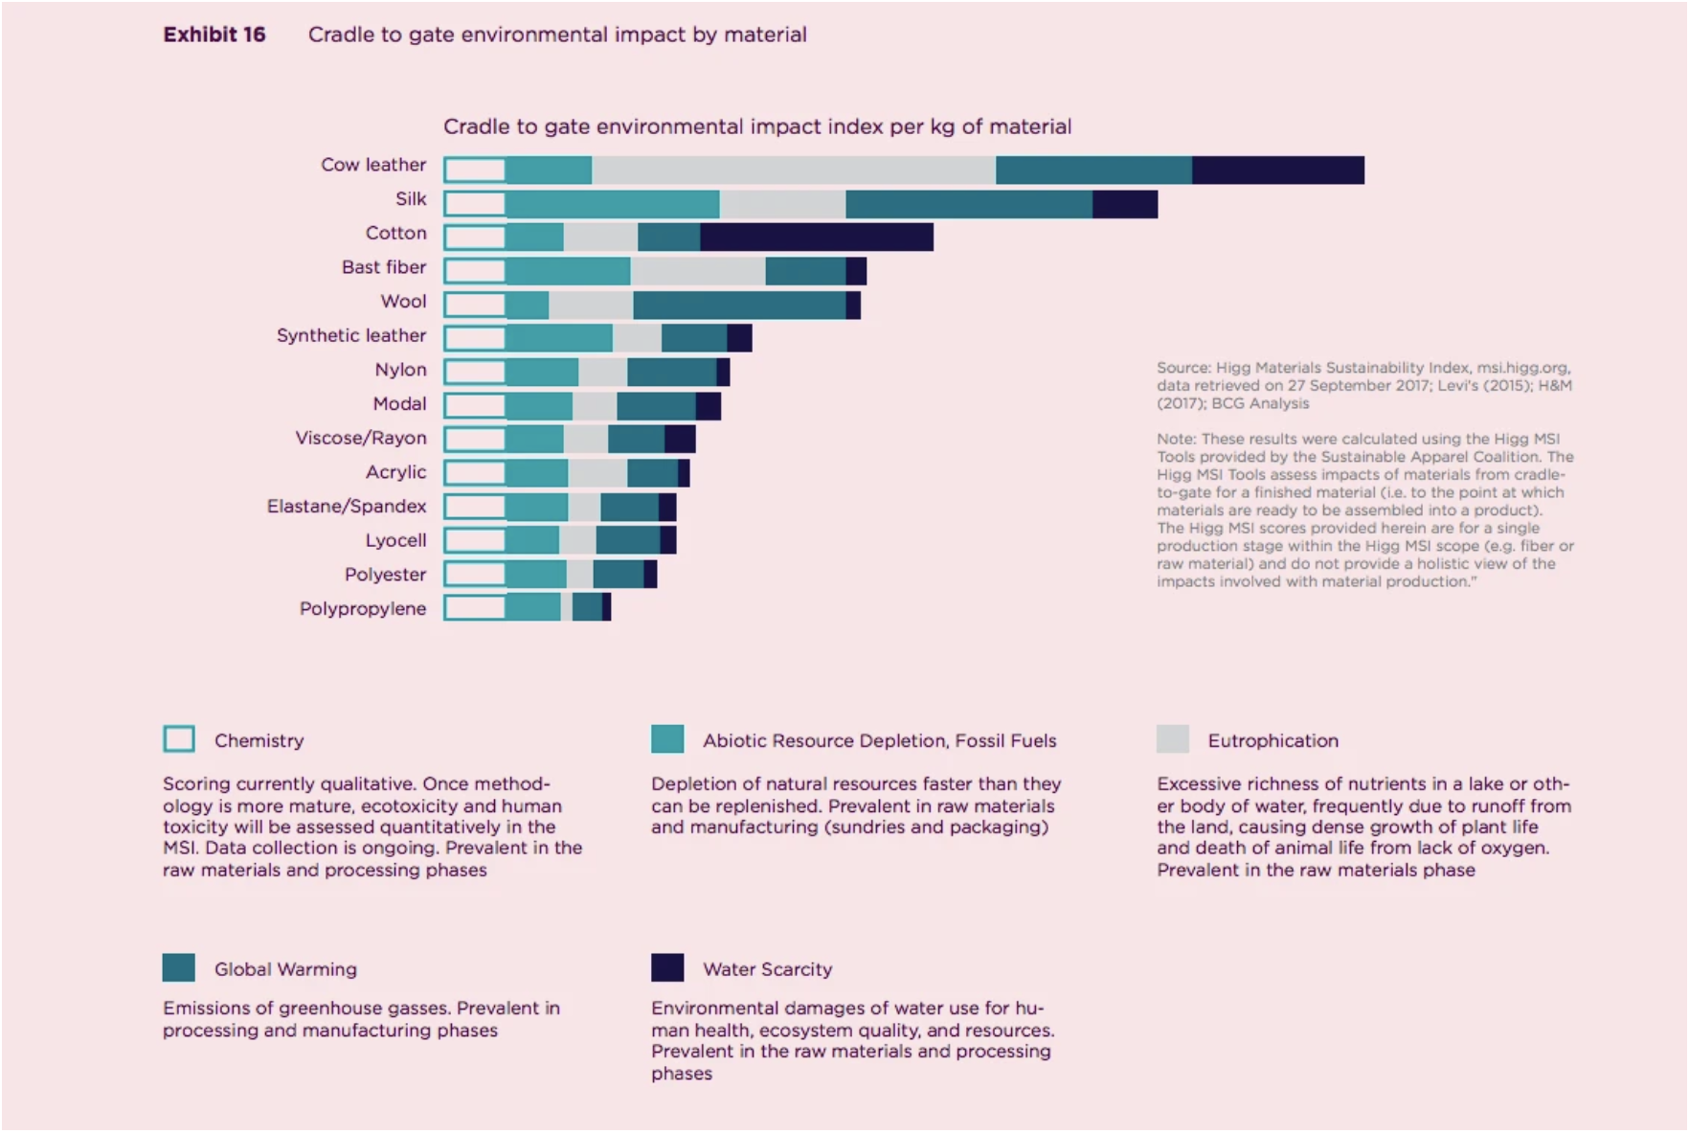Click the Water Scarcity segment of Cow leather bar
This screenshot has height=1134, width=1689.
click(1277, 170)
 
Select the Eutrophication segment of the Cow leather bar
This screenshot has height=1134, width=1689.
click(794, 170)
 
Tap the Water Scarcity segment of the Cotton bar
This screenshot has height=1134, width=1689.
click(816, 238)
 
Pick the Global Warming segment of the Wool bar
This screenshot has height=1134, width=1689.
click(739, 306)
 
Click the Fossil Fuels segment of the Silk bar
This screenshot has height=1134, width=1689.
click(612, 204)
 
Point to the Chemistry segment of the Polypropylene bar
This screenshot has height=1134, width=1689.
click(475, 607)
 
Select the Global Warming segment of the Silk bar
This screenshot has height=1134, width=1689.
click(968, 204)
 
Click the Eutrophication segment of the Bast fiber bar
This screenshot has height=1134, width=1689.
click(697, 271)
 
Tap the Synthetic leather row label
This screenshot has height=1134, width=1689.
click(350, 335)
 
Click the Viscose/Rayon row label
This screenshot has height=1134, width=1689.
click(360, 438)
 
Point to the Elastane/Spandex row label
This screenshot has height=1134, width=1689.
click(346, 506)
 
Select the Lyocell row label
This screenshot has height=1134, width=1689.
click(394, 540)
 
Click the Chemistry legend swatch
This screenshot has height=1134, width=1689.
click(179, 739)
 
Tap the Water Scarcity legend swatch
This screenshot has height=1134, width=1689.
click(667, 967)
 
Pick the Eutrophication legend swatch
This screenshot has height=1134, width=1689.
click(1172, 739)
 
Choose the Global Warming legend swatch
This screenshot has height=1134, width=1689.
click(179, 967)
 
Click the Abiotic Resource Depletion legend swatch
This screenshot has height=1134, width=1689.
click(667, 739)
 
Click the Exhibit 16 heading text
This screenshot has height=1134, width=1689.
click(214, 34)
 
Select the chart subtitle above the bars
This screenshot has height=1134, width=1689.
click(756, 126)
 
